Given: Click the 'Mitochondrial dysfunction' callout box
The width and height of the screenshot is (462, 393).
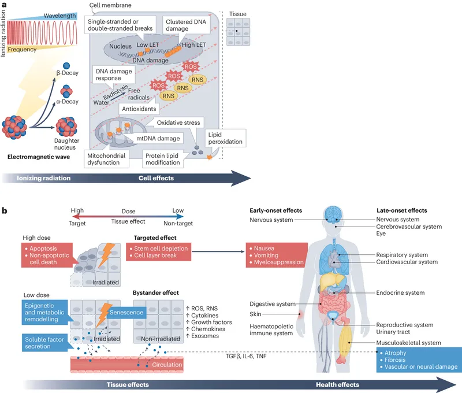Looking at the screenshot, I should [111, 159].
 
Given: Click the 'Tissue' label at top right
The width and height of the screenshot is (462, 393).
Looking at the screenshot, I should [238, 13].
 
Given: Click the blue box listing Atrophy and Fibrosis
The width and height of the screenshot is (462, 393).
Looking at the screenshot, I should [418, 359].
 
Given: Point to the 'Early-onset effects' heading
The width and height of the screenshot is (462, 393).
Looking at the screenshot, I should [275, 210].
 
